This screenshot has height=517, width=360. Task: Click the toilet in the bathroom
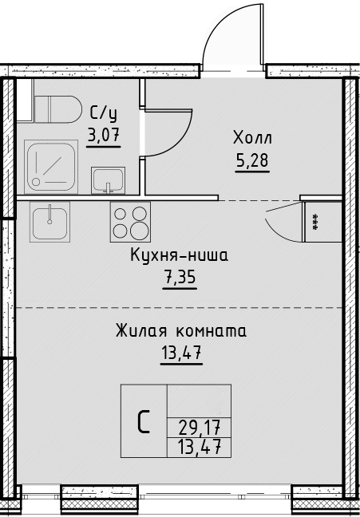click(x=58, y=109)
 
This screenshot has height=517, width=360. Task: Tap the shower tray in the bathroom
click(x=51, y=167)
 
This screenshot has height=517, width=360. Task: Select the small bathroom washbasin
click(x=108, y=180)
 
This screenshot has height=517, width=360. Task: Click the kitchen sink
click(x=49, y=222)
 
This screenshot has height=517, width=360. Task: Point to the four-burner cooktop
click(x=130, y=222)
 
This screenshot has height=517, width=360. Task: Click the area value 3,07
click(x=103, y=135)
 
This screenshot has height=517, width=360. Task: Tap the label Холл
click(x=252, y=137)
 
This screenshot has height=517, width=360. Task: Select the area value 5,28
click(x=252, y=160)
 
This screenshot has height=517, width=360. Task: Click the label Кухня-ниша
click(x=179, y=255)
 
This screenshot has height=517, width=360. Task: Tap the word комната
click(x=212, y=332)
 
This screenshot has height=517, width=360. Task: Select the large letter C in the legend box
click(x=144, y=421)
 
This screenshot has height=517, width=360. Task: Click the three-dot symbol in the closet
click(x=315, y=222)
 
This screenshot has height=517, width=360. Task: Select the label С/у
click(x=103, y=113)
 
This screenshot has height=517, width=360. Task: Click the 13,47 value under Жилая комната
click(x=181, y=353)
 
